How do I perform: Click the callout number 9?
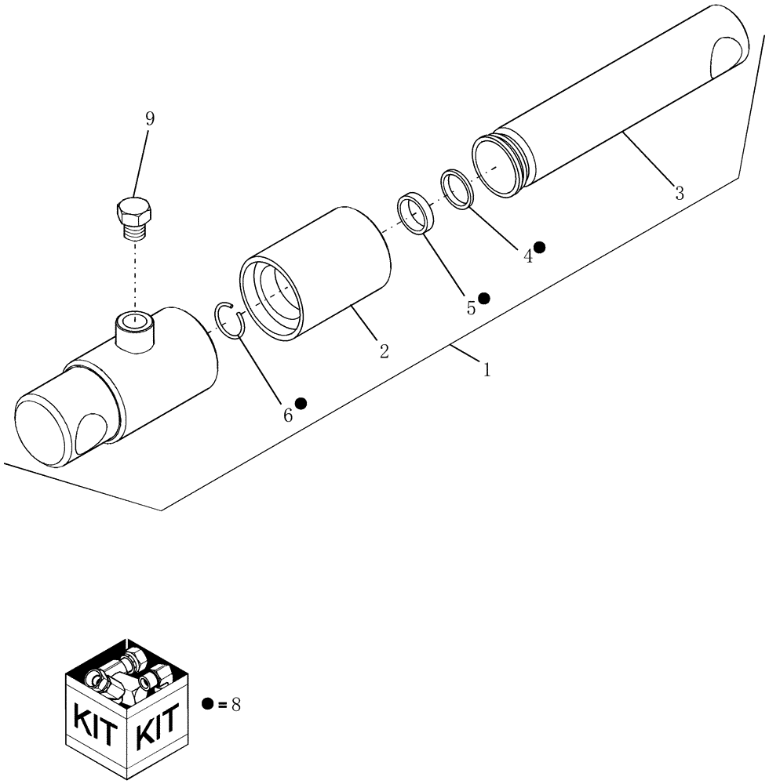tap(149, 118)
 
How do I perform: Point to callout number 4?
tap(528, 255)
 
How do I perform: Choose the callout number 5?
tap(471, 308)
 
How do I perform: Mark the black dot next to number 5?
tap(484, 298)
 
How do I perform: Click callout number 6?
tap(288, 416)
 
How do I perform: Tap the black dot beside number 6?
tap(301, 403)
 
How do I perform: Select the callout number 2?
tap(384, 351)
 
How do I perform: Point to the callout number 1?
tap(487, 369)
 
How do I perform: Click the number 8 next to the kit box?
tap(235, 705)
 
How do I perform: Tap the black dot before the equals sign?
tap(208, 704)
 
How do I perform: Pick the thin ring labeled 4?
tap(456, 189)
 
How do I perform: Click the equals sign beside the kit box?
tap(222, 705)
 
